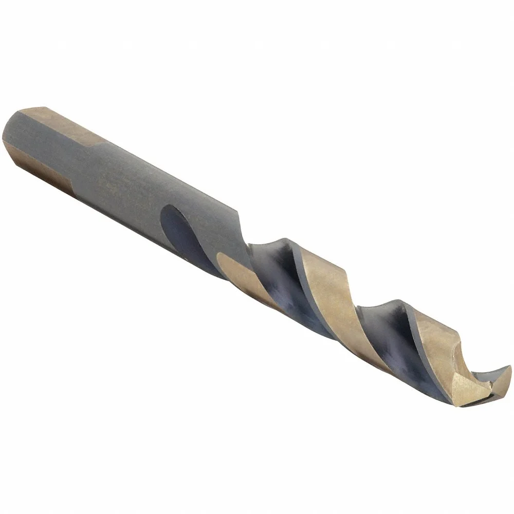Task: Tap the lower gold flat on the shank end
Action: coord(49,170)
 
